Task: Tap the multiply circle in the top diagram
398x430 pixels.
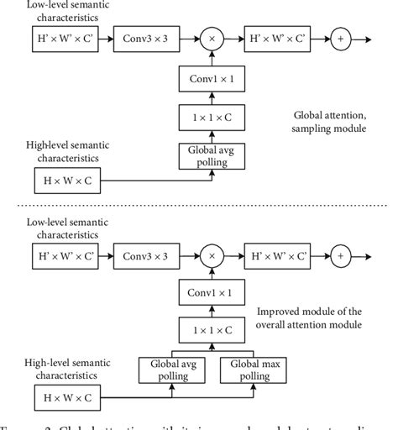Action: [x=212, y=38]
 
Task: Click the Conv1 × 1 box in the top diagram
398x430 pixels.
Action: [x=212, y=80]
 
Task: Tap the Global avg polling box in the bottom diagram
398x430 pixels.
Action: [x=174, y=371]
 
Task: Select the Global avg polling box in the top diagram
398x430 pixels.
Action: [x=212, y=155]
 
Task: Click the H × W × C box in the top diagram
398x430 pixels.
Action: [x=64, y=180]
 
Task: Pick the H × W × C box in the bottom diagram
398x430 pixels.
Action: [x=64, y=395]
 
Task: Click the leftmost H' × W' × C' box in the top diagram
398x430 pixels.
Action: [x=64, y=38]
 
